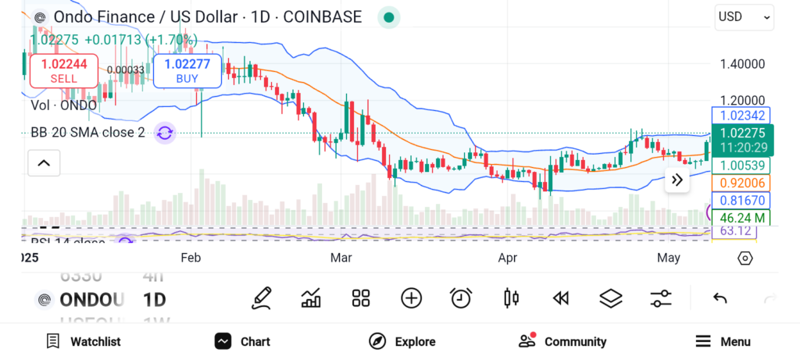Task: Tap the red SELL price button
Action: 63,70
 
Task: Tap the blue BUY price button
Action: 187,70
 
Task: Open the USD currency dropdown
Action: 743,16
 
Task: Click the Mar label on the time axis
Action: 341,257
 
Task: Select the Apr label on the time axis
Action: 508,257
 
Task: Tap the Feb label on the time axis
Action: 191,257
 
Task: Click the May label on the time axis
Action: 669,257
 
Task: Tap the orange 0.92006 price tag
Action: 741,183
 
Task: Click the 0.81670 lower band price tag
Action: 741,201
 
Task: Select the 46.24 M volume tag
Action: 741,217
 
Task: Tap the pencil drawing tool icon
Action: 262,298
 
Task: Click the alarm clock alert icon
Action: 461,298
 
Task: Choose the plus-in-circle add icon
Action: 411,298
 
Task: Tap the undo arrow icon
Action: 720,298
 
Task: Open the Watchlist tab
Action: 84,341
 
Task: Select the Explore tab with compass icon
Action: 402,341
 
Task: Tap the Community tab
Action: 562,341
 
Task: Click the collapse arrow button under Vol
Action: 44,163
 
